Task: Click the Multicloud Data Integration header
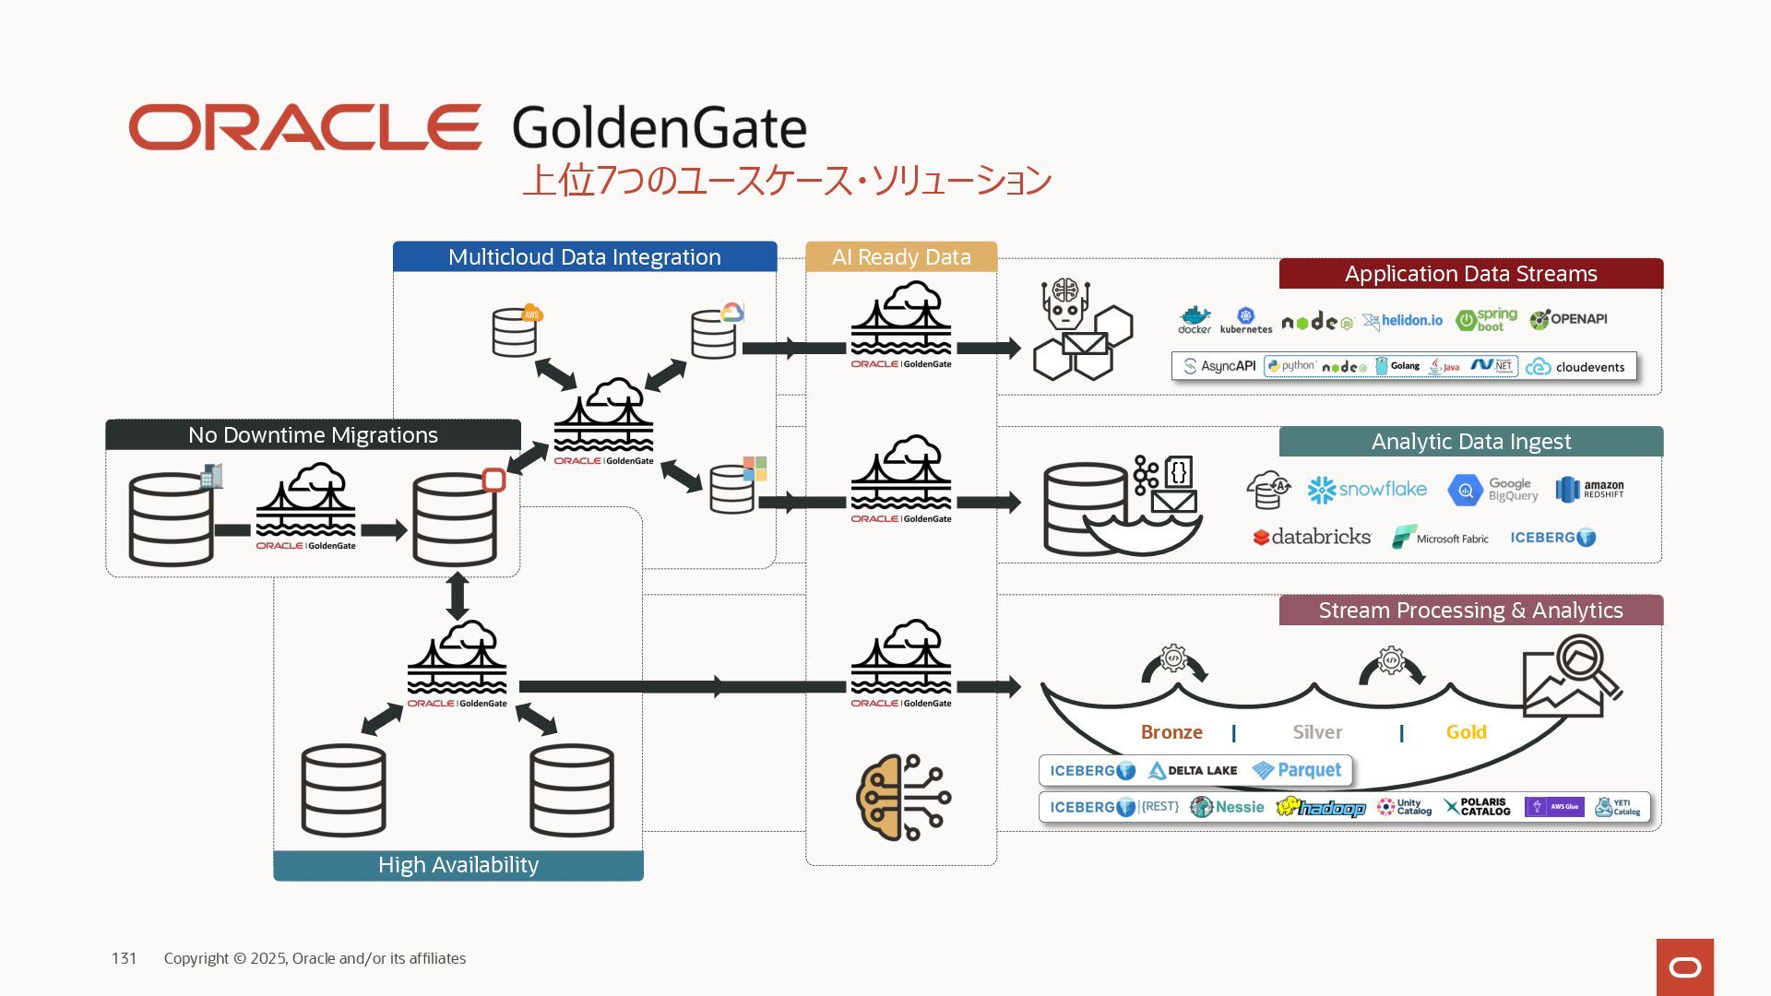coord(584,257)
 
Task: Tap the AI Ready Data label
coord(901,257)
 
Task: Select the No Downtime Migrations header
coord(313,435)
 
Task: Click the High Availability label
coord(458,865)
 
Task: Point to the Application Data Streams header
coord(1470,274)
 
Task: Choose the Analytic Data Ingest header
coord(1470,442)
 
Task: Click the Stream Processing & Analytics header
coord(1470,611)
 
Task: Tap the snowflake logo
coord(1367,490)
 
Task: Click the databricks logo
coord(1312,537)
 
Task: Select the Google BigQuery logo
coord(1492,490)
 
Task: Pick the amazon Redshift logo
coord(1589,490)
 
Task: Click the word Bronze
coord(1171,732)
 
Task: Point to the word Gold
coord(1466,732)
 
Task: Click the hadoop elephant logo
coord(1321,808)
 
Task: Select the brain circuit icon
coord(903,798)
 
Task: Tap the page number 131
coord(124,959)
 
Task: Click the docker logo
coord(1195,320)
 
